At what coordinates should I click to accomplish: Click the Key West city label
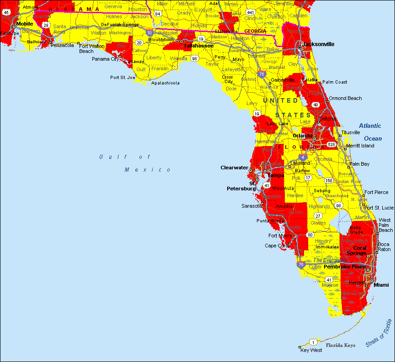[311, 350]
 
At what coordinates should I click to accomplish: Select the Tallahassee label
[198, 46]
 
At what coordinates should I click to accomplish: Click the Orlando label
[303, 136]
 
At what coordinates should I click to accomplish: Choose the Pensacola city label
[63, 45]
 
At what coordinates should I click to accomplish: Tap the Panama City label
[105, 59]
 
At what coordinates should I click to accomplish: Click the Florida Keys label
[340, 346]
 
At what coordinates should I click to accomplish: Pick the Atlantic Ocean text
[370, 132]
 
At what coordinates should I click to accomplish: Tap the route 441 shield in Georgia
[250, 12]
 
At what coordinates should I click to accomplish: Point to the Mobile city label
[25, 24]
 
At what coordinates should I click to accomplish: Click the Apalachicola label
[165, 83]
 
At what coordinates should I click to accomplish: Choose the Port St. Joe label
[123, 78]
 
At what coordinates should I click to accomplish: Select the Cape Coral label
[277, 246]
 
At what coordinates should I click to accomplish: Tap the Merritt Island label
[360, 146]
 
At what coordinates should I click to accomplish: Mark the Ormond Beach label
[345, 98]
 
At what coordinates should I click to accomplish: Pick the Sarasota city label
[252, 206]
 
